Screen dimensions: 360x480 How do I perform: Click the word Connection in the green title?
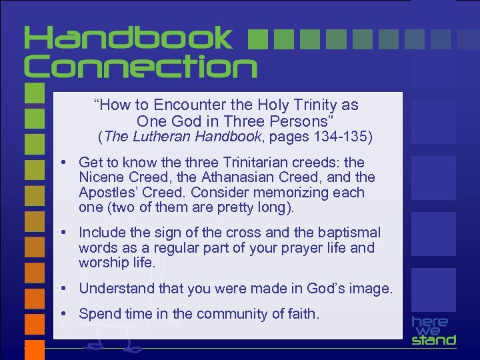point(141,67)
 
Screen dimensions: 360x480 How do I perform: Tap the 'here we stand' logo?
point(433,331)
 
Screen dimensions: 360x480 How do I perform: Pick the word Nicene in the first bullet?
point(101,177)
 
